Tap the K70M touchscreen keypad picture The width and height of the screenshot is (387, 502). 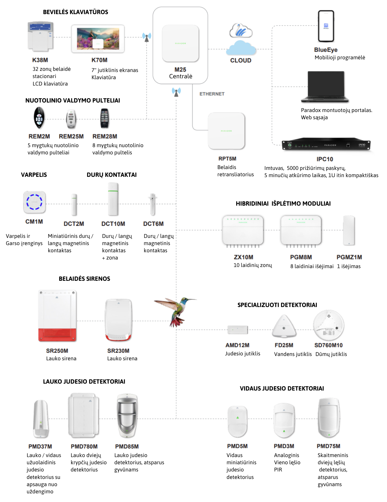pos(98,39)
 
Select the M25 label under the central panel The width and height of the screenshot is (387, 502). pos(180,70)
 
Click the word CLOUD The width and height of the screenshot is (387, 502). pos(241,60)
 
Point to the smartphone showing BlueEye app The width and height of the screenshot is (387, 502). pos(326,26)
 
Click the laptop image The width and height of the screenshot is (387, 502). pos(325,87)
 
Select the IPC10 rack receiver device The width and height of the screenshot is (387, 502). pos(326,145)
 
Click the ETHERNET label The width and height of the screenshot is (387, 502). pos(212,94)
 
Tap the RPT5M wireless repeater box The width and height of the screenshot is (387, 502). pos(226,131)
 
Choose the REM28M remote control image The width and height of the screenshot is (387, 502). pos(105,118)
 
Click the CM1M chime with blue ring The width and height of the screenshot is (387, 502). pos(35,202)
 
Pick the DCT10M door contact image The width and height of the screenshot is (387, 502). pos(113,199)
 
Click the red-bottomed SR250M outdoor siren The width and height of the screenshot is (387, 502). pos(57,316)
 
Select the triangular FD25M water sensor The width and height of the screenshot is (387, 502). pos(284,327)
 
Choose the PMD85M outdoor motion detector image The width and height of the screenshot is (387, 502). pos(127,416)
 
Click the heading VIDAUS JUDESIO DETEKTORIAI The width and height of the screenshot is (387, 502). pos(282,389)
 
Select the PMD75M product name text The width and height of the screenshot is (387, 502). pos(328,446)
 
